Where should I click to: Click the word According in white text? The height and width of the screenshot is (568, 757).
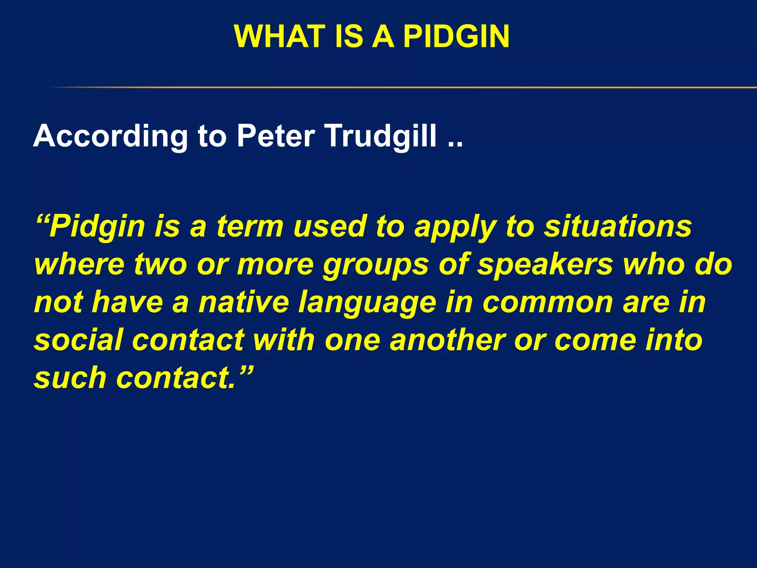point(111,136)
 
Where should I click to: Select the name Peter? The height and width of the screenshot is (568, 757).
point(276,136)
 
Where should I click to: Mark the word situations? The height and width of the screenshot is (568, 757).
point(618,226)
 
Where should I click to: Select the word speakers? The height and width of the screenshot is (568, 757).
point(545,265)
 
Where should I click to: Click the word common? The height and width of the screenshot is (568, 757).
point(548,303)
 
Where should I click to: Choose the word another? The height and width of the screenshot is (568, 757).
point(448,340)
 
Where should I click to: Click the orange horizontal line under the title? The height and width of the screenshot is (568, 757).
point(407,88)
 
